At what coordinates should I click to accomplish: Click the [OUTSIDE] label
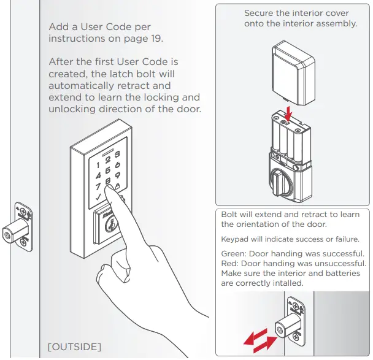[x=74, y=347]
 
